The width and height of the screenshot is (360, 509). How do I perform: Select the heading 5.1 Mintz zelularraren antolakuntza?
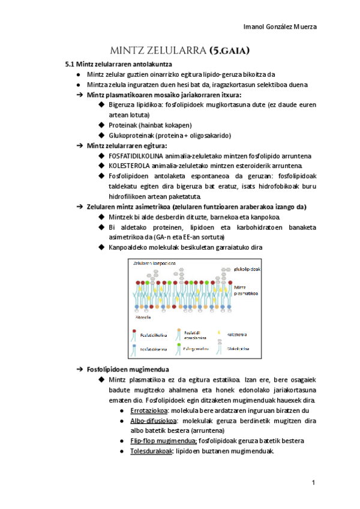pyautogui.click(x=119, y=64)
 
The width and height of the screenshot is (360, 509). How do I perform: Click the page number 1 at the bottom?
pyautogui.click(x=314, y=483)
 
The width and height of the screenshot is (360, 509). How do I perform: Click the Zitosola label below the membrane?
pyautogui.click(x=144, y=317)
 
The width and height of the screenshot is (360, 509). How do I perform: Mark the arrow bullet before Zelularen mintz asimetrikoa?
pyautogui.click(x=79, y=206)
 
